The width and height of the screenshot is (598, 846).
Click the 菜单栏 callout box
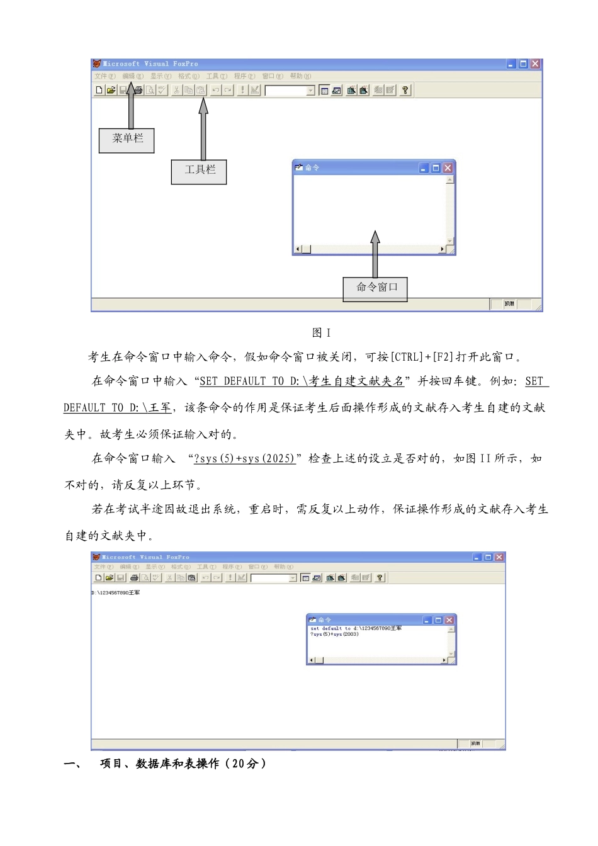127,140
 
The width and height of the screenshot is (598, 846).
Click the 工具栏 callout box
199,171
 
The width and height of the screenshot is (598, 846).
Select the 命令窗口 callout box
375,289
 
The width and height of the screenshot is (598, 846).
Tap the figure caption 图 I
321,333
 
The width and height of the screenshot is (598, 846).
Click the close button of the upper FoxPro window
535,64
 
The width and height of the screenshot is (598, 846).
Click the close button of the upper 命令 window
448,168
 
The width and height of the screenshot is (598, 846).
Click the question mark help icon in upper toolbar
405,90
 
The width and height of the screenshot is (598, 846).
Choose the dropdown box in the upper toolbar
290,91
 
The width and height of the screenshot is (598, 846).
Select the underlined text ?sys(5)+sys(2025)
245,458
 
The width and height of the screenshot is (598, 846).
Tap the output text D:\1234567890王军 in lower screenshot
116,593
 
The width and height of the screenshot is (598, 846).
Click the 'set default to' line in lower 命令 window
356,628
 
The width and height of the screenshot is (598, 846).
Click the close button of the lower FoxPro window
499,557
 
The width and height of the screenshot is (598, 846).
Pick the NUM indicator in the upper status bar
509,304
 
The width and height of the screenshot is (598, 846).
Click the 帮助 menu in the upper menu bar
300,76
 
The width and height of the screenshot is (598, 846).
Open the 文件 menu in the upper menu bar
104,76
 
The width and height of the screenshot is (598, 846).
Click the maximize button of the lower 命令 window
438,620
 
